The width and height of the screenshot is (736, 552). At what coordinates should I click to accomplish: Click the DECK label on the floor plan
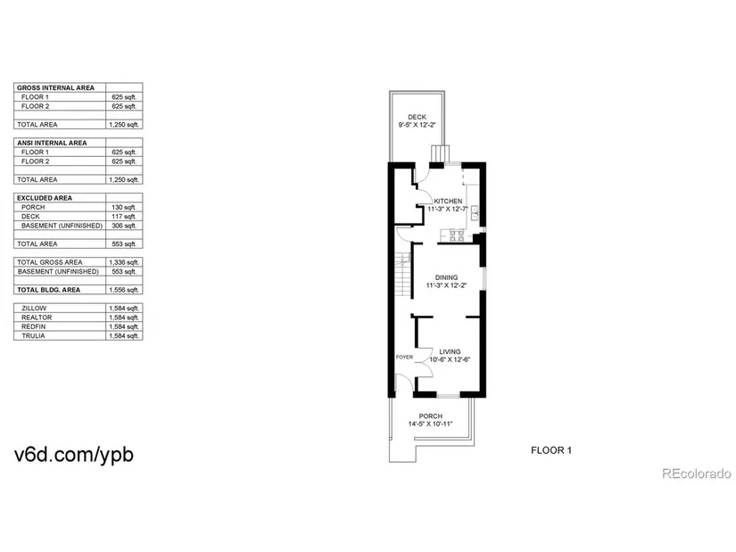tap(417, 117)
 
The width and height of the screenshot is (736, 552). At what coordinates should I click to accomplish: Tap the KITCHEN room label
tap(448, 201)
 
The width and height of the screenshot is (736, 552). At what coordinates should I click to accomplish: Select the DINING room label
tap(446, 277)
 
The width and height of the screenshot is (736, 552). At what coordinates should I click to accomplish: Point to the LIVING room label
tap(450, 351)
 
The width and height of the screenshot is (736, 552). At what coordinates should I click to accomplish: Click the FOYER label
tap(404, 358)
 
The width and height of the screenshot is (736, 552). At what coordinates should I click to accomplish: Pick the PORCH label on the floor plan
tap(430, 416)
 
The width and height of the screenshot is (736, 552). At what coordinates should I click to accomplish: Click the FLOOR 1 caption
tap(551, 450)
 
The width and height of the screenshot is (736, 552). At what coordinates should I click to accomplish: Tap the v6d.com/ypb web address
tap(74, 455)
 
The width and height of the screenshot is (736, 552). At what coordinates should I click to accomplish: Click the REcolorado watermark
tap(697, 474)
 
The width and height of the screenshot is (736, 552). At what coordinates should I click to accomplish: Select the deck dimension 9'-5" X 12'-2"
tap(418, 125)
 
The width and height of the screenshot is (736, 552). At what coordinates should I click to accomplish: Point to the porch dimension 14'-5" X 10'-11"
tap(430, 424)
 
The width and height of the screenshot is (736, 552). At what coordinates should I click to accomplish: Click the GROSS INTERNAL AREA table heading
tap(55, 87)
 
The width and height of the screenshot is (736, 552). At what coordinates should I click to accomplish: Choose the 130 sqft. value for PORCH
tap(124, 207)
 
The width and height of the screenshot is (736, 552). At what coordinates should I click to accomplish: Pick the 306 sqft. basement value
tap(124, 226)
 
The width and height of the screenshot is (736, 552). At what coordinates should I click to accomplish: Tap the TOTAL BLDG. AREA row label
tap(48, 290)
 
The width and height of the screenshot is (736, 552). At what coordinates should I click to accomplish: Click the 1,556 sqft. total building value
tap(124, 290)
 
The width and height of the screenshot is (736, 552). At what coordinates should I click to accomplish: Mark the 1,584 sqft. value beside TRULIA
tap(124, 336)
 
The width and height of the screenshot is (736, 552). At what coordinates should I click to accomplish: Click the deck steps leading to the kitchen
tap(441, 153)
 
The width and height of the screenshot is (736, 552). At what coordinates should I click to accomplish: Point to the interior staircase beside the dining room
tap(402, 275)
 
